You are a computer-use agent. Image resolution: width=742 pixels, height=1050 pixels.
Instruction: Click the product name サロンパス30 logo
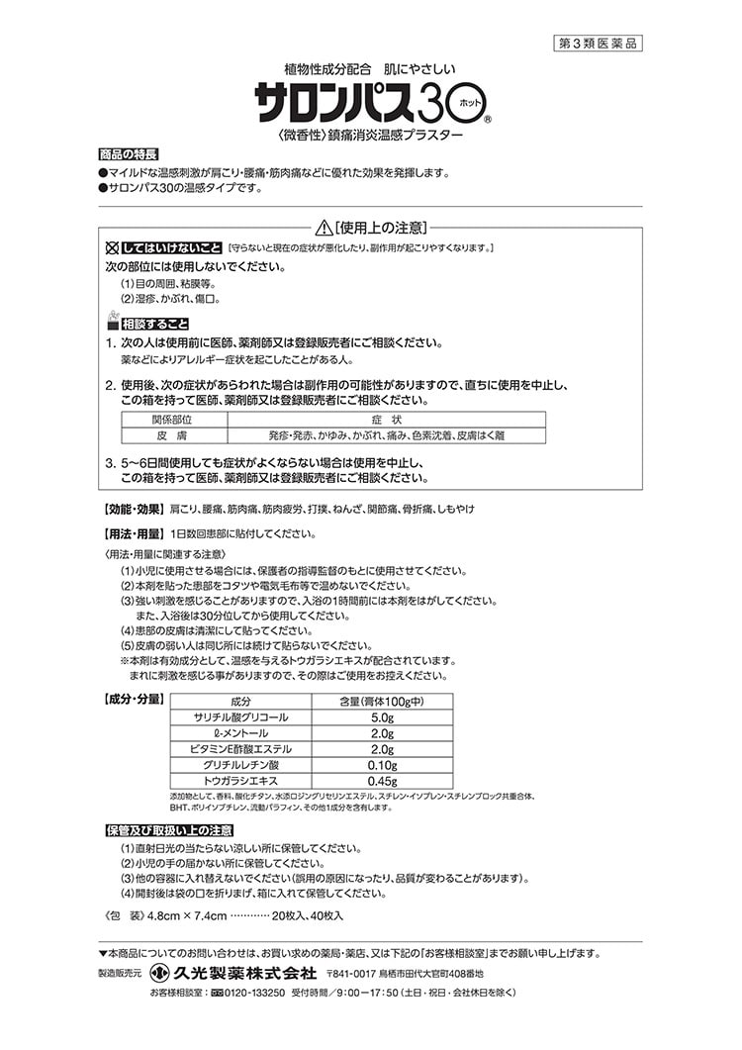[357, 102]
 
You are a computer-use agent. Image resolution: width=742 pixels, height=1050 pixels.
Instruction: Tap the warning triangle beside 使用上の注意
[323, 227]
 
